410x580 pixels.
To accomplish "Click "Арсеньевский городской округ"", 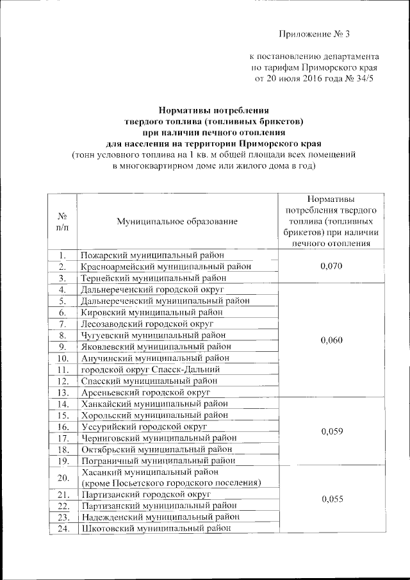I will point(145,392).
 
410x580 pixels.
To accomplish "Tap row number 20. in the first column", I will point(63,477).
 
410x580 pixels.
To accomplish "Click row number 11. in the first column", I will point(63,369).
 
